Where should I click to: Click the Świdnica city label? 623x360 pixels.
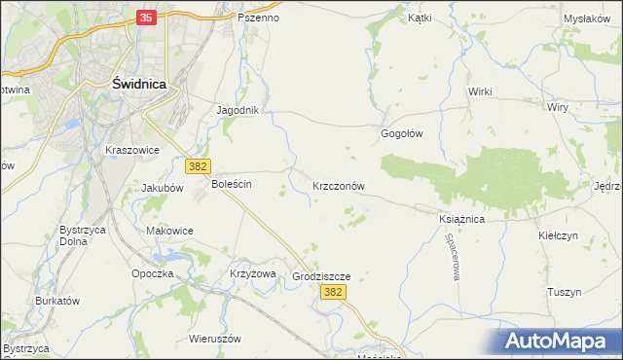point(138,85)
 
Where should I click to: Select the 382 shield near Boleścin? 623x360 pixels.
point(199,167)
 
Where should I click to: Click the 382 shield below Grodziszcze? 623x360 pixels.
point(334,292)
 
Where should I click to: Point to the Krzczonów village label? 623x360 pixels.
point(339,185)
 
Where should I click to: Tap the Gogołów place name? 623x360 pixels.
point(401,134)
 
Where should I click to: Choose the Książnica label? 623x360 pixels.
point(461,220)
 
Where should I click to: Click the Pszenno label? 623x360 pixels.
point(258,18)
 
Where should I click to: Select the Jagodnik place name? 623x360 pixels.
point(238,111)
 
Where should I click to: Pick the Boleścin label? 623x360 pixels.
point(232,184)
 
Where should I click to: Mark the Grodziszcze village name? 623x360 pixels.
point(321,276)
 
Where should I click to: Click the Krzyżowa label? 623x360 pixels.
point(253,273)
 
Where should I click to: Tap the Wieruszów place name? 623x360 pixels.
point(215,339)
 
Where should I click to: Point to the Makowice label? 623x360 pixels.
point(169,231)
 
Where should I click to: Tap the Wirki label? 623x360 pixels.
point(481,91)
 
